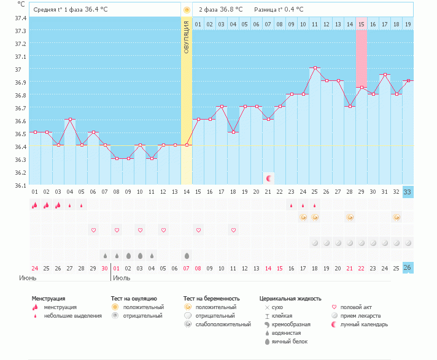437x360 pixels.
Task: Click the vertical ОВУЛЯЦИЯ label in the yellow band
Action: [187, 36]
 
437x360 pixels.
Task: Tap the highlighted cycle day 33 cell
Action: [408, 192]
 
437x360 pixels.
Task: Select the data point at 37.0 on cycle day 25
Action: [314, 68]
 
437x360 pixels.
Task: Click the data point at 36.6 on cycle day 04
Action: [70, 120]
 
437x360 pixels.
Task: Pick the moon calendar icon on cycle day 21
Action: [268, 178]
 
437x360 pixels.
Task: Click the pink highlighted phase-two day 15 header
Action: [362, 24]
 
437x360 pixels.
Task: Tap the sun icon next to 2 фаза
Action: [187, 10]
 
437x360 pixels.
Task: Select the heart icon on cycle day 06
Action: [93, 230]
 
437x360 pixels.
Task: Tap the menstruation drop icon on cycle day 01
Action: [34, 205]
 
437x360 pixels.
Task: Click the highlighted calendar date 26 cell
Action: [408, 268]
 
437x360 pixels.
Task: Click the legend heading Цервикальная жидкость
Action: [290, 299]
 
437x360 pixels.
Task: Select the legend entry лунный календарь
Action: [364, 324]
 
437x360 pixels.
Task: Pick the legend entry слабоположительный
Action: [217, 324]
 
